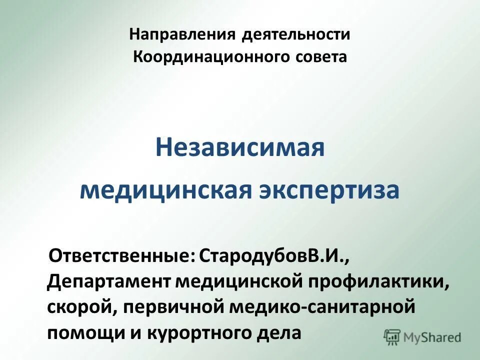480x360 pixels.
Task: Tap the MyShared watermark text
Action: tap(432, 337)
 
